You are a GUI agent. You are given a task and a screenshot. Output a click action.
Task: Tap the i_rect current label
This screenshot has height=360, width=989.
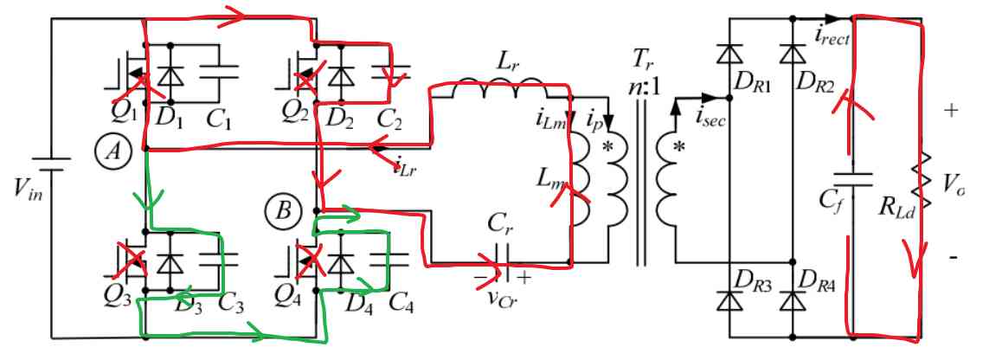point(832,35)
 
